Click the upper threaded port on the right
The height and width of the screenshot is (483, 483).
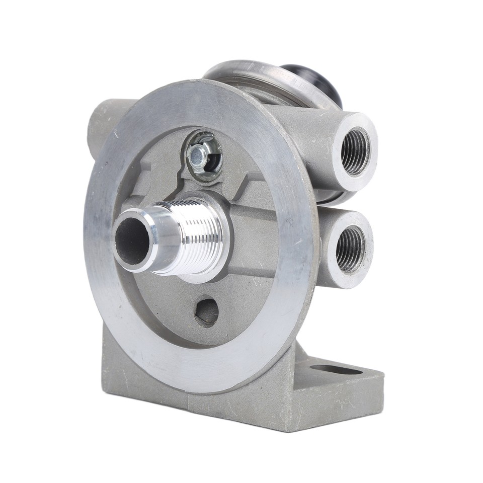pyautogui.click(x=355, y=151)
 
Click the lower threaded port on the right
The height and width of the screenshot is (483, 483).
pyautogui.click(x=350, y=249)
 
